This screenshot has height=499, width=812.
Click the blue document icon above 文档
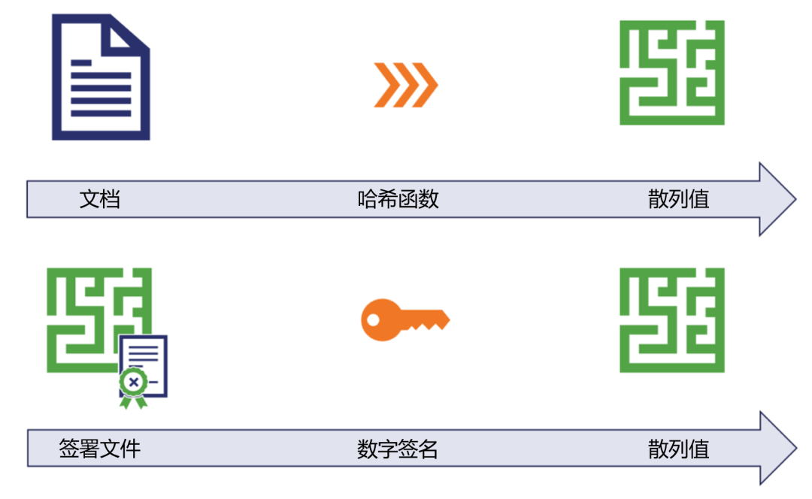[100, 77]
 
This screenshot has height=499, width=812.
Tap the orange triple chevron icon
[405, 85]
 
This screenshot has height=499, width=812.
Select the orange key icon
[404, 320]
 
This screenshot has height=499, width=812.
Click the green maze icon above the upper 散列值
[671, 72]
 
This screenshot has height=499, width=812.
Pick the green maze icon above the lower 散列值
[671, 320]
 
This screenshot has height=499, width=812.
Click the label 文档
[100, 199]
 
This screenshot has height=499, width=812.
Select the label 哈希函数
[398, 199]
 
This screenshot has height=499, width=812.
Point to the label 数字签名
[398, 449]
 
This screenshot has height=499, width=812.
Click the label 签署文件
[100, 449]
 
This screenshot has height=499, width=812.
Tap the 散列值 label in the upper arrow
[678, 199]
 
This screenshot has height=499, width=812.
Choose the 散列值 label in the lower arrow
[678, 449]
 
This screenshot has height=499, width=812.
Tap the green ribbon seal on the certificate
[133, 385]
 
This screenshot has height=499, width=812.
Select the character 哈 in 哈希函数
[367, 199]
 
